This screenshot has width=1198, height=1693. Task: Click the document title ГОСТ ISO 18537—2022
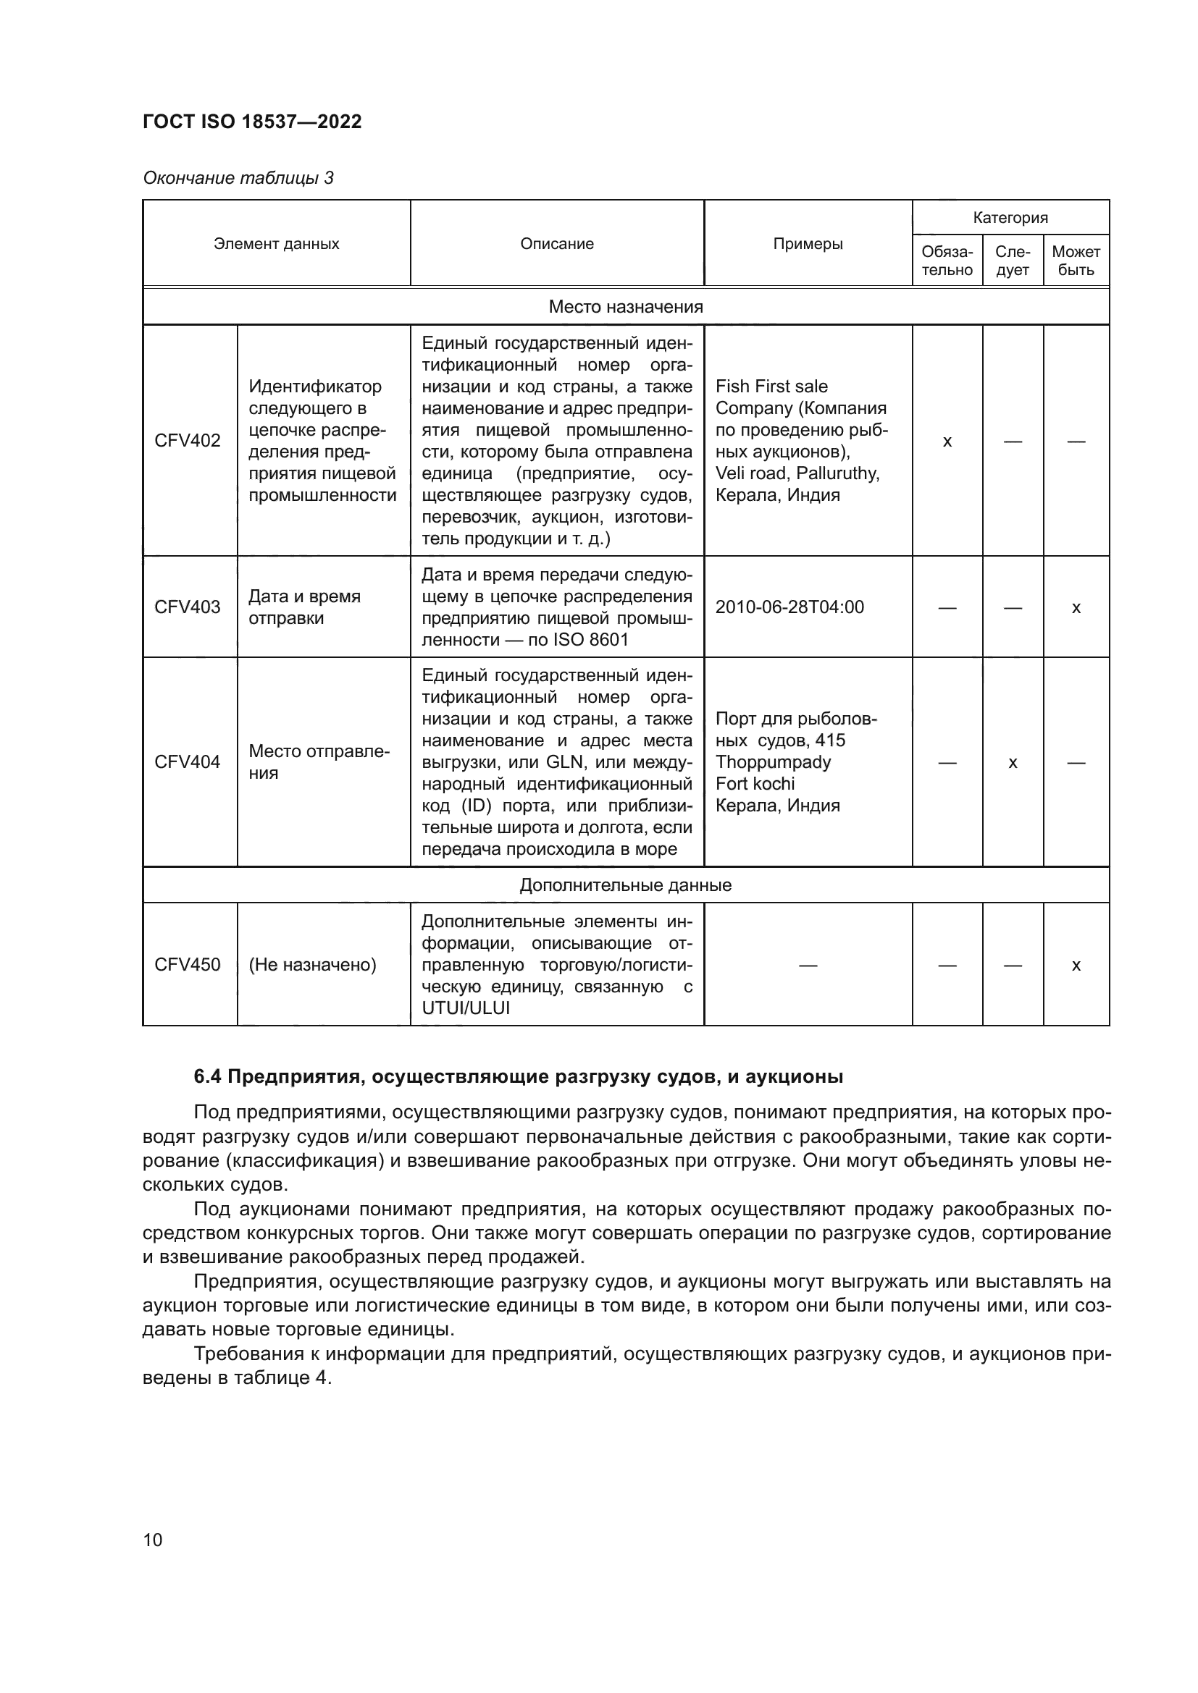(x=252, y=122)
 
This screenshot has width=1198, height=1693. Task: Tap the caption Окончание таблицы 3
(x=238, y=178)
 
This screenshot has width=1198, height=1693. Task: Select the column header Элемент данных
(x=276, y=243)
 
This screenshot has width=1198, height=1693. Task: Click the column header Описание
(x=557, y=243)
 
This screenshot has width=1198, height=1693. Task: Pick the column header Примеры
(x=808, y=243)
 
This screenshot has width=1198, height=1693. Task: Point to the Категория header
(x=1010, y=218)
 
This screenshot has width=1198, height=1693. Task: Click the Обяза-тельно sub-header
(x=947, y=261)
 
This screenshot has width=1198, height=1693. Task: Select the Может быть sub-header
(x=1076, y=261)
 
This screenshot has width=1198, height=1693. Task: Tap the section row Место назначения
(x=626, y=307)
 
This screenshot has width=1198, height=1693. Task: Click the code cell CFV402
(x=188, y=440)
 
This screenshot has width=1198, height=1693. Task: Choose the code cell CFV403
(x=188, y=607)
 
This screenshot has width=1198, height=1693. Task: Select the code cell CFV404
(x=188, y=761)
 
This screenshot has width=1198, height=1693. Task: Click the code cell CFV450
(x=188, y=964)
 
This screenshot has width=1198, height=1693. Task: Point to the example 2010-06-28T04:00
(x=789, y=607)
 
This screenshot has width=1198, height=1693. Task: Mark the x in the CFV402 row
(x=947, y=442)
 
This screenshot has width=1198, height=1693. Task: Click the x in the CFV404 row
(x=1013, y=762)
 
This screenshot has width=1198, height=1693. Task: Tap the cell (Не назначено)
(x=312, y=964)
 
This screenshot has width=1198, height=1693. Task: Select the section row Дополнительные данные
(x=626, y=885)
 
